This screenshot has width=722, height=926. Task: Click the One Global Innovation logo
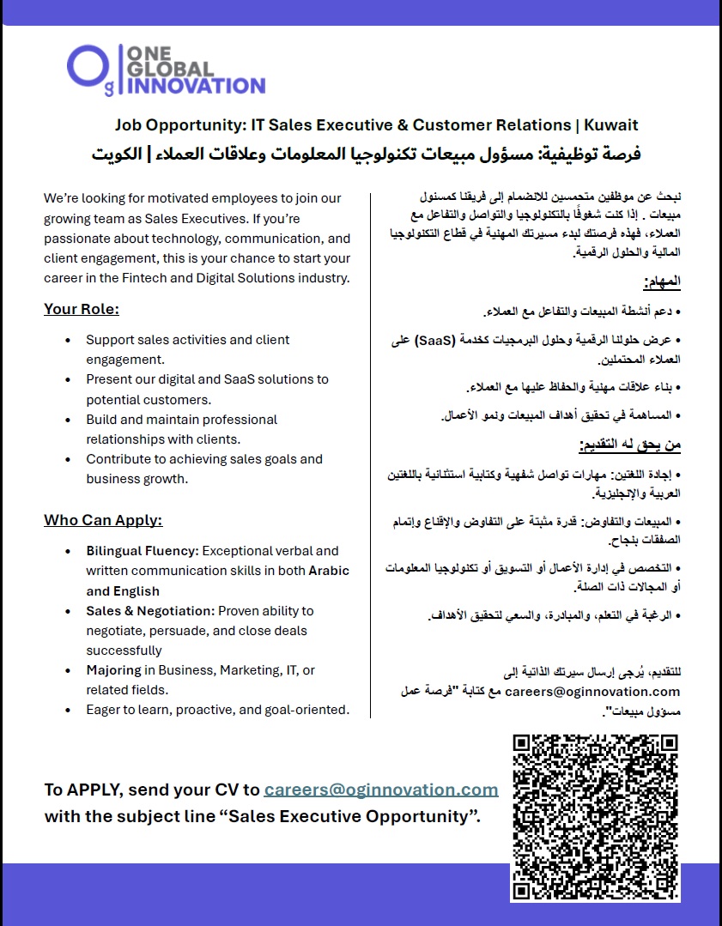(166, 69)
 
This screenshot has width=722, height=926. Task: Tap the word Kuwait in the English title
(610, 124)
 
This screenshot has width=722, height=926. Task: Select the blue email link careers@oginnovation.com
(381, 790)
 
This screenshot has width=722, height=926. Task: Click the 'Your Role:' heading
(82, 309)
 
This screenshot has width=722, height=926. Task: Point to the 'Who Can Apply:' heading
(103, 520)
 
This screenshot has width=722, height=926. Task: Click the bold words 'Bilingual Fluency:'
(142, 551)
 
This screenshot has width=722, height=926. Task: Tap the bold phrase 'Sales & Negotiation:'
(149, 611)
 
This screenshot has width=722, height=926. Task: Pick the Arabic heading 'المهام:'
(661, 281)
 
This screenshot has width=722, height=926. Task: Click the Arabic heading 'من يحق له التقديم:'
(629, 445)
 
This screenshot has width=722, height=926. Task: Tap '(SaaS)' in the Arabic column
(413, 341)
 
